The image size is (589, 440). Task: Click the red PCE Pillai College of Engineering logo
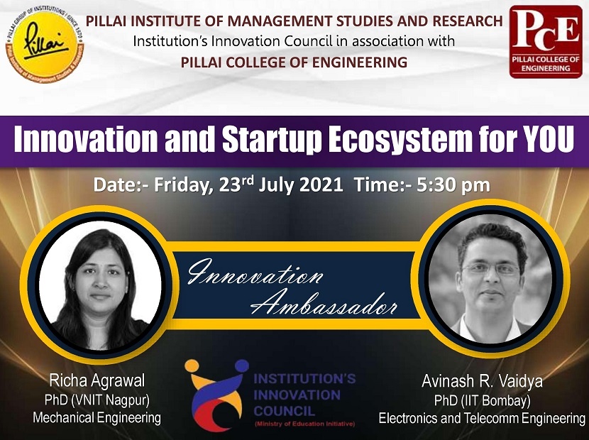tap(545, 40)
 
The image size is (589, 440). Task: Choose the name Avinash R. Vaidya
tap(482, 382)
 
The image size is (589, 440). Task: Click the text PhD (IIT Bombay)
tap(482, 401)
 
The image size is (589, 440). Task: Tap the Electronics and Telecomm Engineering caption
tap(482, 419)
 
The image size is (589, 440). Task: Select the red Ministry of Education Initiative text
tap(304, 424)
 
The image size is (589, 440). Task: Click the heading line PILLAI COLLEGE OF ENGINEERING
tap(294, 62)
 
